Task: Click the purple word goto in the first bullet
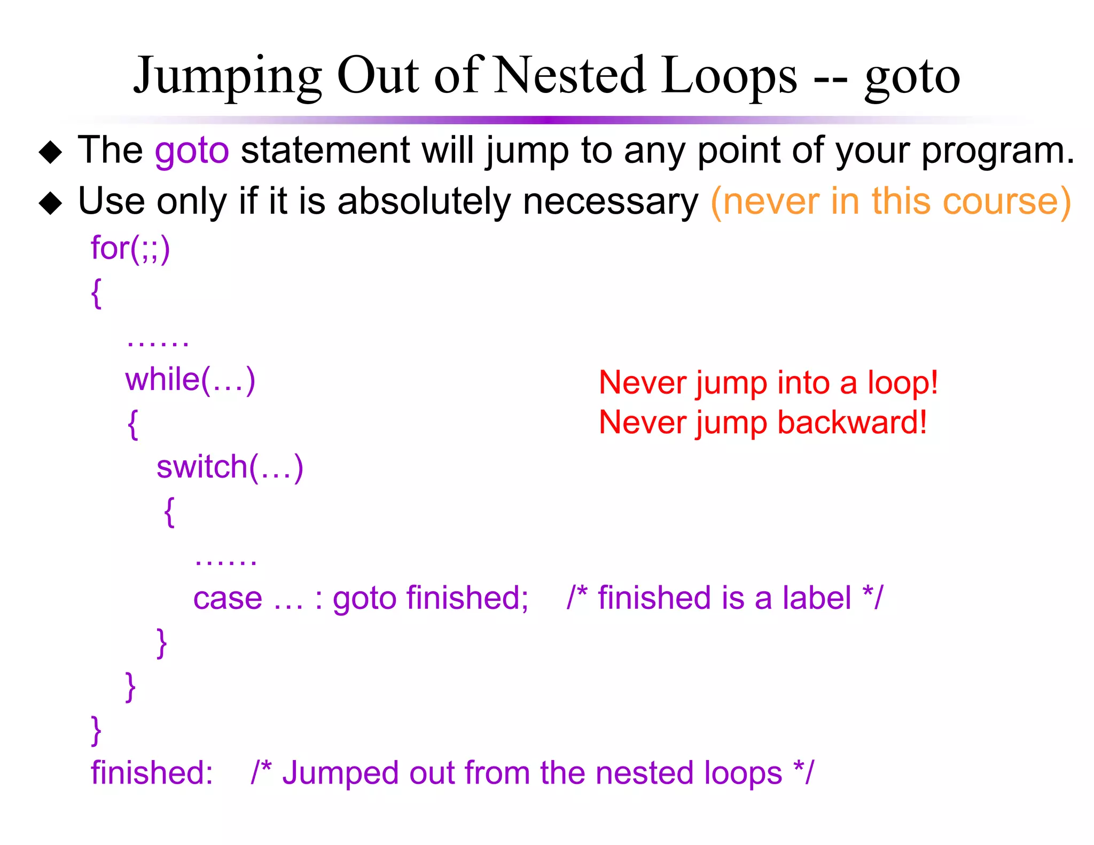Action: [x=192, y=151]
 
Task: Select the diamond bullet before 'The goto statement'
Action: [x=51, y=153]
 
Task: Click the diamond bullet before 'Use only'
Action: [x=51, y=204]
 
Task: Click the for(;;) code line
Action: [x=130, y=248]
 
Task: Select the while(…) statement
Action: [x=190, y=380]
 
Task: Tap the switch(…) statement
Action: [x=230, y=467]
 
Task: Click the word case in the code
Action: [x=228, y=598]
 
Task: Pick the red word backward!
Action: [x=851, y=423]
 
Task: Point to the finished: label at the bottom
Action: [x=152, y=773]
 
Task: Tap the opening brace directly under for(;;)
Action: [x=96, y=293]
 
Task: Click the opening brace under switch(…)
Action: [x=169, y=512]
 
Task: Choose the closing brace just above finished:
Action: [x=96, y=730]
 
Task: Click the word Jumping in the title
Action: [x=228, y=76]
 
